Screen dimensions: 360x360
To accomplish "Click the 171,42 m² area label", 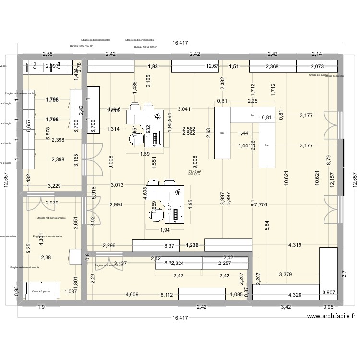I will click(x=194, y=171).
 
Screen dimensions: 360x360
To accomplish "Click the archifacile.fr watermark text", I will click(x=331, y=316).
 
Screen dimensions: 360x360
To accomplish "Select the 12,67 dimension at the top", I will click(x=212, y=66).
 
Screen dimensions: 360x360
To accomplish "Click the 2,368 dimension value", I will click(x=272, y=66).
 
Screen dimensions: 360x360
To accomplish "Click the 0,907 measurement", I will click(x=328, y=292).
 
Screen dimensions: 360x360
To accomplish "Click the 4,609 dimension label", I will click(x=132, y=295).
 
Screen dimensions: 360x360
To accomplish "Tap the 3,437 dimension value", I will click(x=120, y=263).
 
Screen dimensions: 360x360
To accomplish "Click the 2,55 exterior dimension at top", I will click(x=48, y=54).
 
